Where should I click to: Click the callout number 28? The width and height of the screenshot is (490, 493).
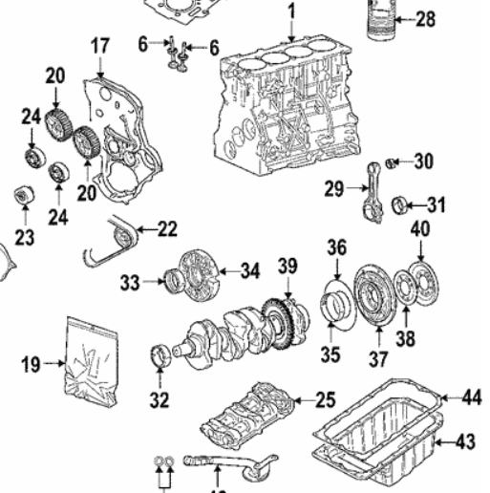click(x=425, y=19)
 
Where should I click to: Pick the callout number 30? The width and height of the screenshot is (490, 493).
click(x=423, y=161)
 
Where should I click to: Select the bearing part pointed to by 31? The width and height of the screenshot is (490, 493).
click(x=407, y=203)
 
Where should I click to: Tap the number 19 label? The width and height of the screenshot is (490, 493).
click(x=31, y=363)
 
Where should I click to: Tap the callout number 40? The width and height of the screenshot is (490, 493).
click(x=420, y=228)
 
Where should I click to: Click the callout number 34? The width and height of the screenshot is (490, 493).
click(x=249, y=272)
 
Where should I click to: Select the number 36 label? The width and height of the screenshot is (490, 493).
click(x=336, y=246)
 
